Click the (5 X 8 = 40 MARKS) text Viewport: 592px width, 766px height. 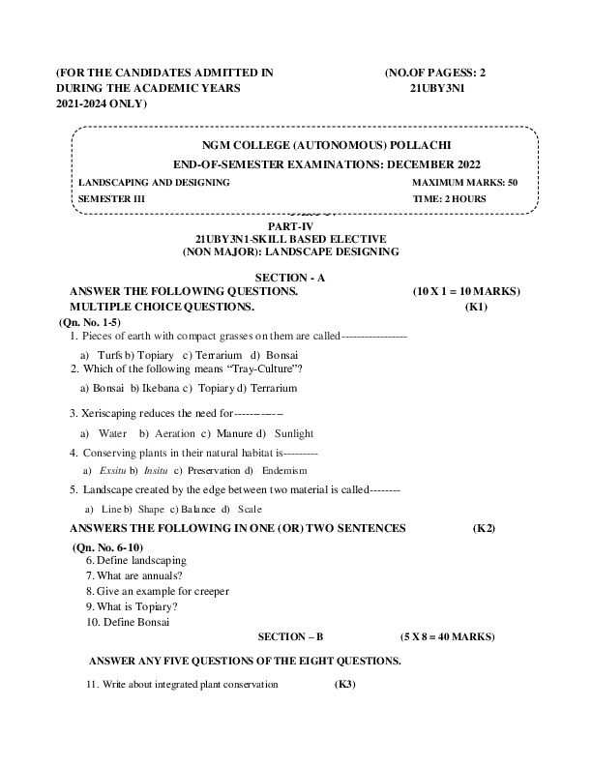point(447,637)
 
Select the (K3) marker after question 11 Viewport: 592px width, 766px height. point(344,685)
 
